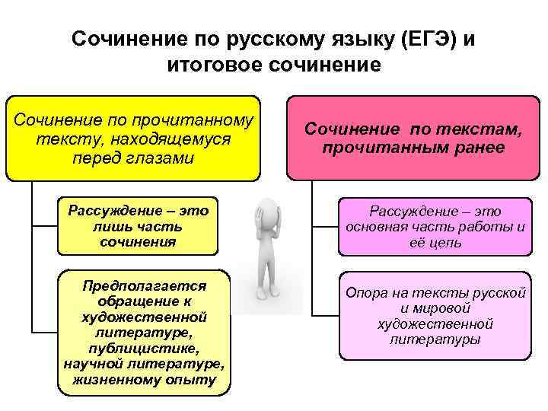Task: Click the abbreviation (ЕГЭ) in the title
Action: (421, 39)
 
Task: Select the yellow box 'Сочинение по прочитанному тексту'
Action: (133, 137)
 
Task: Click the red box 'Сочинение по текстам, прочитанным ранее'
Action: (413, 137)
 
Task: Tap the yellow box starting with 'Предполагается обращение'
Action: (144, 332)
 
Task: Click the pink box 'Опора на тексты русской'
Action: (435, 315)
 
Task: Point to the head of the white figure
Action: (267, 211)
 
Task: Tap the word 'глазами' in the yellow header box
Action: (162, 159)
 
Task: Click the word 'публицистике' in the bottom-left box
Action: (145, 348)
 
